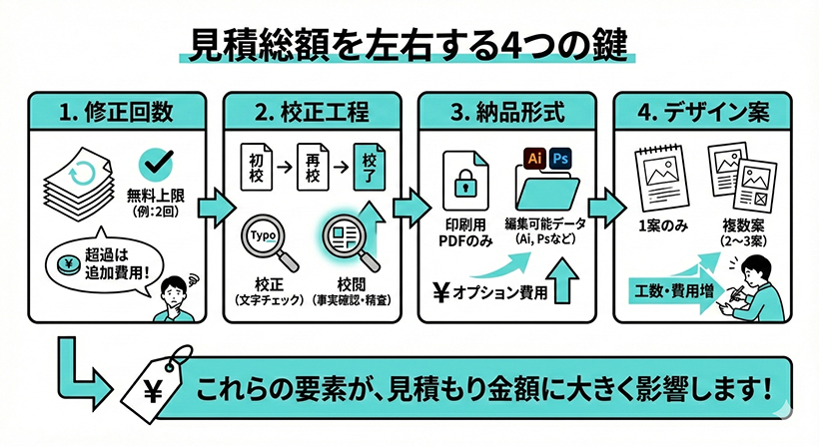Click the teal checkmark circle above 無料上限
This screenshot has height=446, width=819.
[x=155, y=164]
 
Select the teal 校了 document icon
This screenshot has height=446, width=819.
[x=369, y=164]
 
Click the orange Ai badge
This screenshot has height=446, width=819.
[x=534, y=159]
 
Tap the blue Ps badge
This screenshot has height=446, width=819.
[x=560, y=159]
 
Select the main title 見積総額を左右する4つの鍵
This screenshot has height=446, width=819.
[x=409, y=46]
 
